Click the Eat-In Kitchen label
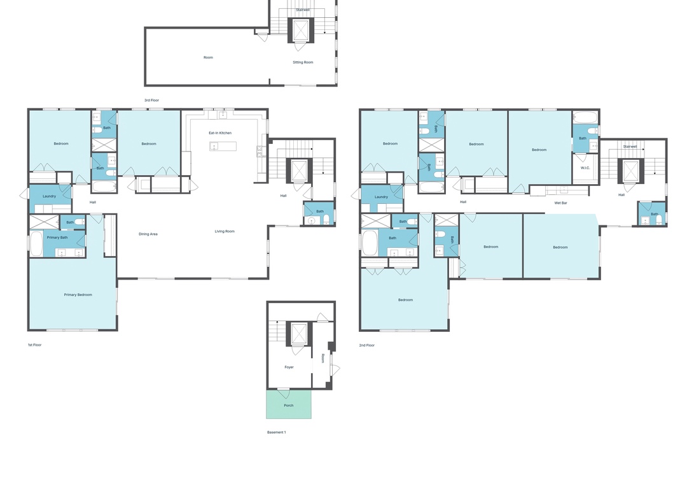220,133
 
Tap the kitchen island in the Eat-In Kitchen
223,146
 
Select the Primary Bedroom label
78,295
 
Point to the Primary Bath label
57,238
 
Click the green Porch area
289,404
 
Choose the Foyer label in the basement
289,367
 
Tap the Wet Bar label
561,203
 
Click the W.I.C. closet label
585,168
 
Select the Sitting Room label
303,62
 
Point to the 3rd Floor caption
151,101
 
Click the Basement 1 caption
277,432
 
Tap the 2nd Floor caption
367,345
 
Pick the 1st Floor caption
34,345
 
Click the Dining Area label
148,234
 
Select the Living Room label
225,231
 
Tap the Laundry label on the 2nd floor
381,197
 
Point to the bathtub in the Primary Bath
36,244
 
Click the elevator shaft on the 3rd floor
300,31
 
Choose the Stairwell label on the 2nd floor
630,146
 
